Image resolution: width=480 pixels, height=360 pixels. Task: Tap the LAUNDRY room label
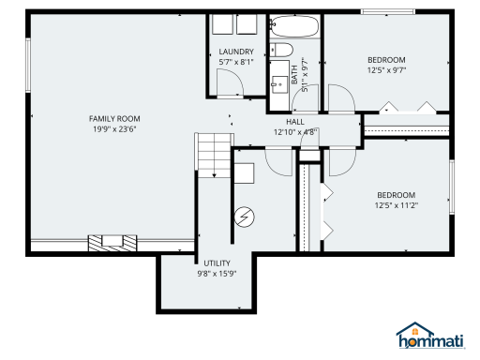[x=236, y=52]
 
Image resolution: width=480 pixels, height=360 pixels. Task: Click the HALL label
[x=294, y=122]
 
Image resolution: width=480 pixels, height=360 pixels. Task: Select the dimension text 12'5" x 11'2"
[x=396, y=205]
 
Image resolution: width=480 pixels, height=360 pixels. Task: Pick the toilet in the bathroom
[x=281, y=51]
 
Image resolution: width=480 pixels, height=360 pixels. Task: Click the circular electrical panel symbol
[x=245, y=217]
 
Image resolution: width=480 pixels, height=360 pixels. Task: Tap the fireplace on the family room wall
[x=107, y=243]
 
